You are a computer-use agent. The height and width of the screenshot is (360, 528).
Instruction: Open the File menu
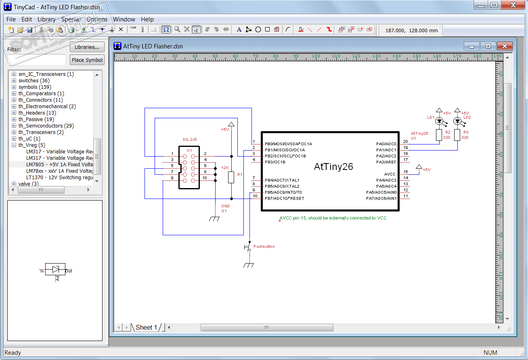[x=11, y=19]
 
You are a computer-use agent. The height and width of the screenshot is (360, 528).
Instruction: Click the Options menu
[x=97, y=19]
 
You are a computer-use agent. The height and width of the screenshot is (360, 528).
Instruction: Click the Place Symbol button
[x=87, y=60]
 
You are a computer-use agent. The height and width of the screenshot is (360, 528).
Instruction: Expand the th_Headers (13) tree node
[x=14, y=113]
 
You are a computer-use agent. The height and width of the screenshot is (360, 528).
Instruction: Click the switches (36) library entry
[x=34, y=80]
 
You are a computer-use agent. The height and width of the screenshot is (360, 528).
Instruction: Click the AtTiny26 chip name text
[x=333, y=167]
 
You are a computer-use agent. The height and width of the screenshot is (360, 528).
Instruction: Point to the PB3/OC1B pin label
[x=275, y=162]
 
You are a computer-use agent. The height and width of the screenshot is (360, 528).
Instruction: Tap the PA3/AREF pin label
[x=386, y=162]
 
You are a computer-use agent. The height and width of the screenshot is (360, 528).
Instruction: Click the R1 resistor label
[x=240, y=174]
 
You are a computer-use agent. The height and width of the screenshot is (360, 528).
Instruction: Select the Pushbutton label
[x=264, y=246]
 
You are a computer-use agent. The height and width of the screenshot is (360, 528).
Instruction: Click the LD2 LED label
[x=467, y=117]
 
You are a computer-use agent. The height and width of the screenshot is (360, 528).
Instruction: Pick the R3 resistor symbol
[x=457, y=135]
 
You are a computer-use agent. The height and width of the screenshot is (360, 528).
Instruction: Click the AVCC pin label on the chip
[x=390, y=174]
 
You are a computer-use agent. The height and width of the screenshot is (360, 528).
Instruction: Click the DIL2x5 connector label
[x=190, y=140]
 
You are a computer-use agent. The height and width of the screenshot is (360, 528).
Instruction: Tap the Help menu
[x=147, y=19]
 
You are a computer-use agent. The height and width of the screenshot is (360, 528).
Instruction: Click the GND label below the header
[x=225, y=206]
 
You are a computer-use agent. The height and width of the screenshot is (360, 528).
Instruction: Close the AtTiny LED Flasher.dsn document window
[x=504, y=46]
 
